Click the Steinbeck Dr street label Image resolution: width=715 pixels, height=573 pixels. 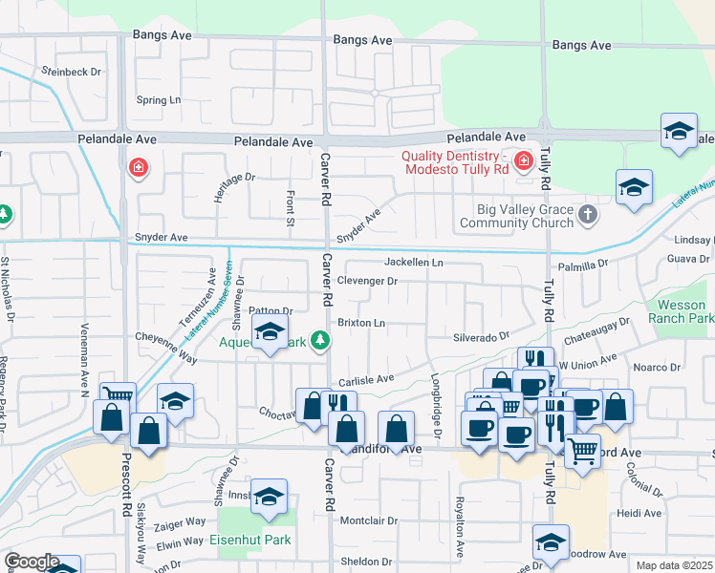pyautogui.click(x=70, y=72)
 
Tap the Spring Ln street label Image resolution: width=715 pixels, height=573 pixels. pyautogui.click(x=159, y=99)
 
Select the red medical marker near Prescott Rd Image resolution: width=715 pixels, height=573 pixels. pyautogui.click(x=139, y=169)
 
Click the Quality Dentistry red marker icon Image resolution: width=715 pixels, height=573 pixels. pyautogui.click(x=523, y=160)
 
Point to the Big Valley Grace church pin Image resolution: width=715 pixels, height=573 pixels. pyautogui.click(x=588, y=217)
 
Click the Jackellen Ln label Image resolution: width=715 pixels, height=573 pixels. pyautogui.click(x=414, y=262)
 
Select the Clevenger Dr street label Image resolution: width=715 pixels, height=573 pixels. pyautogui.click(x=367, y=282)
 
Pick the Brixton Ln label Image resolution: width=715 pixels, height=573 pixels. pyautogui.click(x=361, y=324)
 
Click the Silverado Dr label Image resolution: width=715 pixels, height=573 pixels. pyautogui.click(x=481, y=337)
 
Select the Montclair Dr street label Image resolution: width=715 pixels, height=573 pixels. pyautogui.click(x=368, y=521)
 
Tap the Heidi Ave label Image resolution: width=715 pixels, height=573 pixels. pyautogui.click(x=639, y=513)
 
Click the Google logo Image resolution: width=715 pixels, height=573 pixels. pyautogui.click(x=31, y=562)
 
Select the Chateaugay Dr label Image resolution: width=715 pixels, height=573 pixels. pyautogui.click(x=596, y=329)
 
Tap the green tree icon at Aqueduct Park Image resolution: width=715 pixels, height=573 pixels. pyautogui.click(x=322, y=341)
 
